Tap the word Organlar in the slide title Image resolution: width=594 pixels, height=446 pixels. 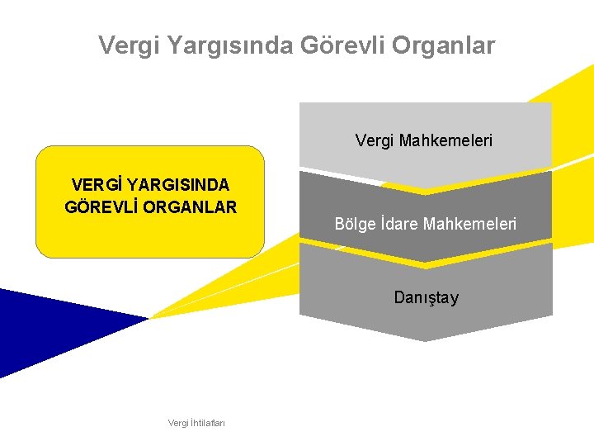pos(444,45)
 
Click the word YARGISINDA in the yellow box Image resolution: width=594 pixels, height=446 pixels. pos(178,185)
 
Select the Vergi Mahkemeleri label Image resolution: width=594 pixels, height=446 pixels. pos(424,141)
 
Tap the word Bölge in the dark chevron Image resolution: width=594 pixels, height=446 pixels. pos(355,224)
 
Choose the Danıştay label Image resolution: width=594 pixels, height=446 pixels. pos(426,297)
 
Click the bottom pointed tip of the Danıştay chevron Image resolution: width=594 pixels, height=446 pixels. pos(425,339)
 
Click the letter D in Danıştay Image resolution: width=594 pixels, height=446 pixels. pos(399,297)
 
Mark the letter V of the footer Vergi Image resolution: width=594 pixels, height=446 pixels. pos(171,423)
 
